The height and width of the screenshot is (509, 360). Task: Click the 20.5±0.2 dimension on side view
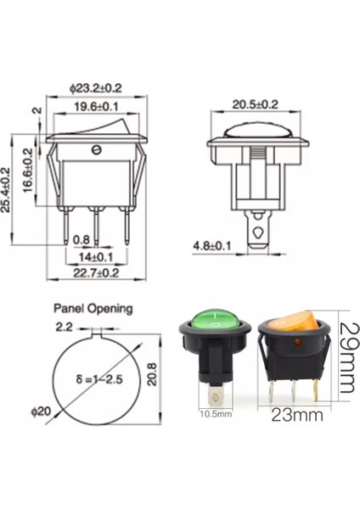[x=256, y=104]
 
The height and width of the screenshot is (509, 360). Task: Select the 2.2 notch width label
[x=64, y=326]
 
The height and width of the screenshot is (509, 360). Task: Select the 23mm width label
[x=291, y=416]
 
